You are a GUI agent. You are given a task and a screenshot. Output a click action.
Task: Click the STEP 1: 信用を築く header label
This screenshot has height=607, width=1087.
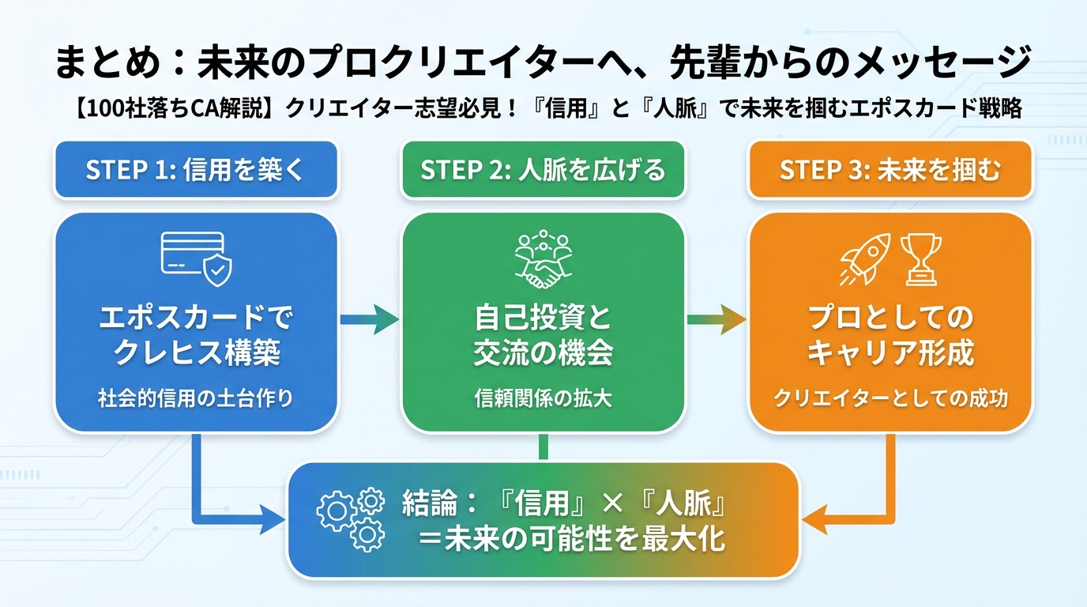coord(195,170)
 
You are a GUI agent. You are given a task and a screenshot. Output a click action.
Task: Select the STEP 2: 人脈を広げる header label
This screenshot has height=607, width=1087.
coord(543,170)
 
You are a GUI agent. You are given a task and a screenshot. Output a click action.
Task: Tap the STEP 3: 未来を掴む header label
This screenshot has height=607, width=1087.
coord(890,170)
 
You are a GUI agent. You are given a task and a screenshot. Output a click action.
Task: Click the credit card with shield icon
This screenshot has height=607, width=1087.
coord(196,254)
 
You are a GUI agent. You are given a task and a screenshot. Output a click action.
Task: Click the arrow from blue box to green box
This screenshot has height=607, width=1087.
coord(369,319)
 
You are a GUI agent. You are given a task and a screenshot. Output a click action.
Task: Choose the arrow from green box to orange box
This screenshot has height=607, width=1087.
coord(717,319)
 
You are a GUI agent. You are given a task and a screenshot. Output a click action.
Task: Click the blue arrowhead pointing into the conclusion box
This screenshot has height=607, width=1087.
coord(273,520)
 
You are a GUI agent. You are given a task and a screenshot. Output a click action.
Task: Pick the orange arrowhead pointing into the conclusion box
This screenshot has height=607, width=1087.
coord(814,520)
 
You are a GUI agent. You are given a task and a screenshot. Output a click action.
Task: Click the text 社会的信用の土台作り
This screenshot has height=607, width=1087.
coord(195,398)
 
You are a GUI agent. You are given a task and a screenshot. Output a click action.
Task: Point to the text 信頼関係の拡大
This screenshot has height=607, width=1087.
coord(543,398)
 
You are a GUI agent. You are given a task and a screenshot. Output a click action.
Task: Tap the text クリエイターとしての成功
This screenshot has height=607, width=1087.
coord(890,398)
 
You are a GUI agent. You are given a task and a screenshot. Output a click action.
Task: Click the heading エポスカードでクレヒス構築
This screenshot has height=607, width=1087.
coord(195,336)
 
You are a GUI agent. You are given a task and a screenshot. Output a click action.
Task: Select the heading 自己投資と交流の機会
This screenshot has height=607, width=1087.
coord(543,336)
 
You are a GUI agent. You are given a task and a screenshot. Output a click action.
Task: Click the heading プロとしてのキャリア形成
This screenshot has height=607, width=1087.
coord(890,336)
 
